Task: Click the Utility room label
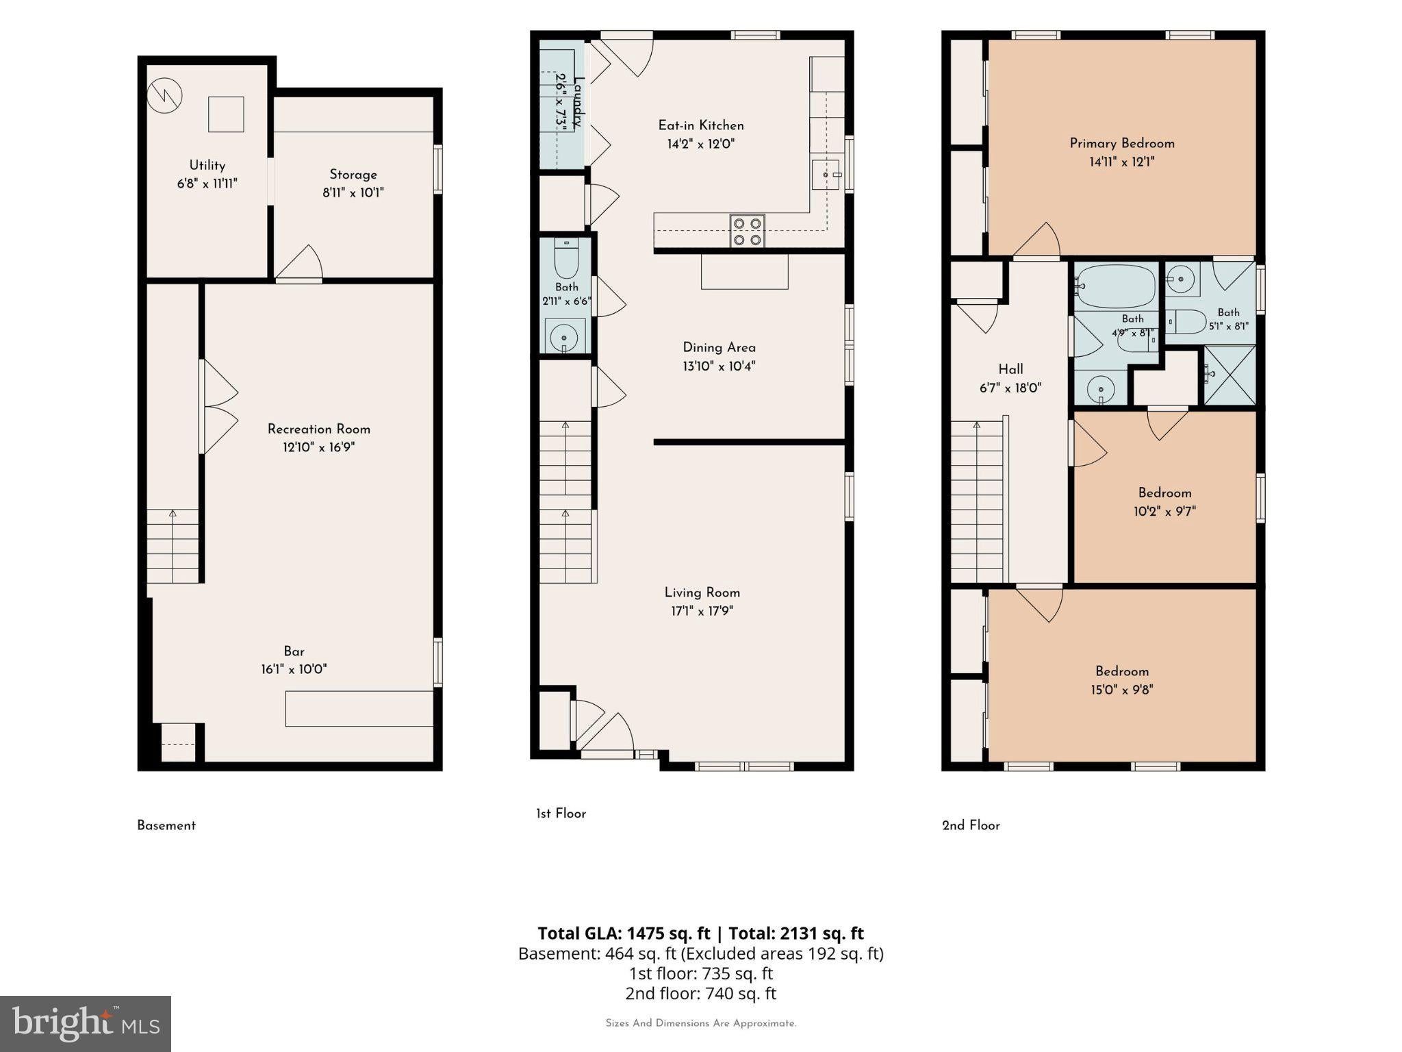pos(207,165)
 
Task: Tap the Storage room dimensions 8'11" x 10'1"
pos(353,192)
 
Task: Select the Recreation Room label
pos(319,429)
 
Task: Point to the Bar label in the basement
pos(294,651)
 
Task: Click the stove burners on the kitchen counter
pos(747,231)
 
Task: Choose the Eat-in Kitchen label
pos(701,125)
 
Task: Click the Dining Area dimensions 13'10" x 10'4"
pos(719,366)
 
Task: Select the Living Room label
pos(702,592)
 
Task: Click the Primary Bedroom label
pos(1122,143)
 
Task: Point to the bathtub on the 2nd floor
pos(1116,286)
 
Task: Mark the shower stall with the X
pos(1229,375)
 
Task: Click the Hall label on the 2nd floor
pos(1010,369)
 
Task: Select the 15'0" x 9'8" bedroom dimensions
pos(1122,690)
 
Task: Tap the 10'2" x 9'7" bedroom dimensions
pos(1164,511)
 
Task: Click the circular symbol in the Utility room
pos(164,95)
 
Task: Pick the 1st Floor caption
pos(561,814)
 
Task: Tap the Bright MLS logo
pos(86,1023)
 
